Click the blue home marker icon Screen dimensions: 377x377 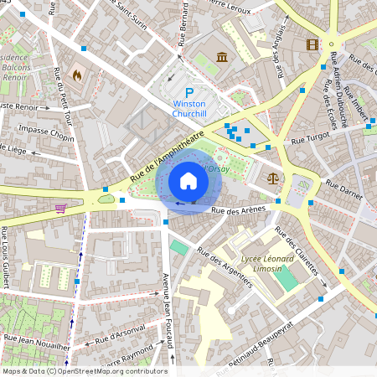pos(188,180)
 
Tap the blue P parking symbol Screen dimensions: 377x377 pos(189,93)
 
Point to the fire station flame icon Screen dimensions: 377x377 pos(78,75)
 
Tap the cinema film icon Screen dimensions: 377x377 pos(312,44)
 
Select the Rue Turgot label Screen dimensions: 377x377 pos(312,142)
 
